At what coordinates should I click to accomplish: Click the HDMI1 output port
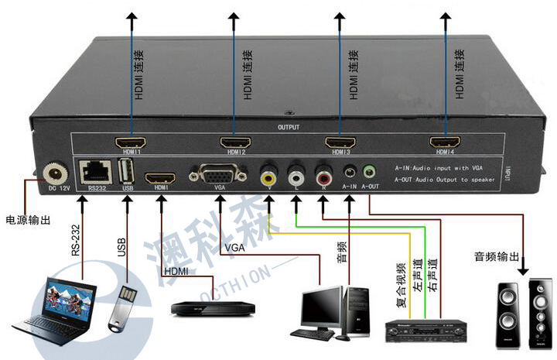(130, 143)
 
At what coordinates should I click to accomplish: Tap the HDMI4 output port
(442, 142)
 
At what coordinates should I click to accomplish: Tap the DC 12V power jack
(56, 173)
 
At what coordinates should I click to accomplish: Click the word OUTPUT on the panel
(288, 127)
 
